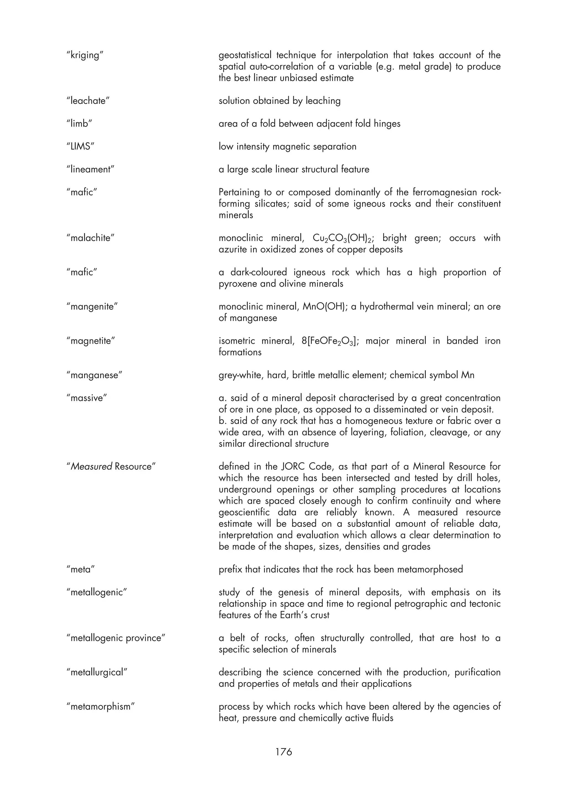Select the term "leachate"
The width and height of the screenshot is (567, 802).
pyautogui.click(x=88, y=101)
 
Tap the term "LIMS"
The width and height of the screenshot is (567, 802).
pyautogui.click(x=80, y=146)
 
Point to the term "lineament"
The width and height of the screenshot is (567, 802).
pyautogui.click(x=90, y=169)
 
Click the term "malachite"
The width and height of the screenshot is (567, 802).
pyautogui.click(x=90, y=238)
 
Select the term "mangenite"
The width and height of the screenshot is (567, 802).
pyautogui.click(x=92, y=306)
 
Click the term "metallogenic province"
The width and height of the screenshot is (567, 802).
pyautogui.click(x=116, y=638)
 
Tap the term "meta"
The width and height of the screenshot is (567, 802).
pyautogui.click(x=80, y=569)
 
